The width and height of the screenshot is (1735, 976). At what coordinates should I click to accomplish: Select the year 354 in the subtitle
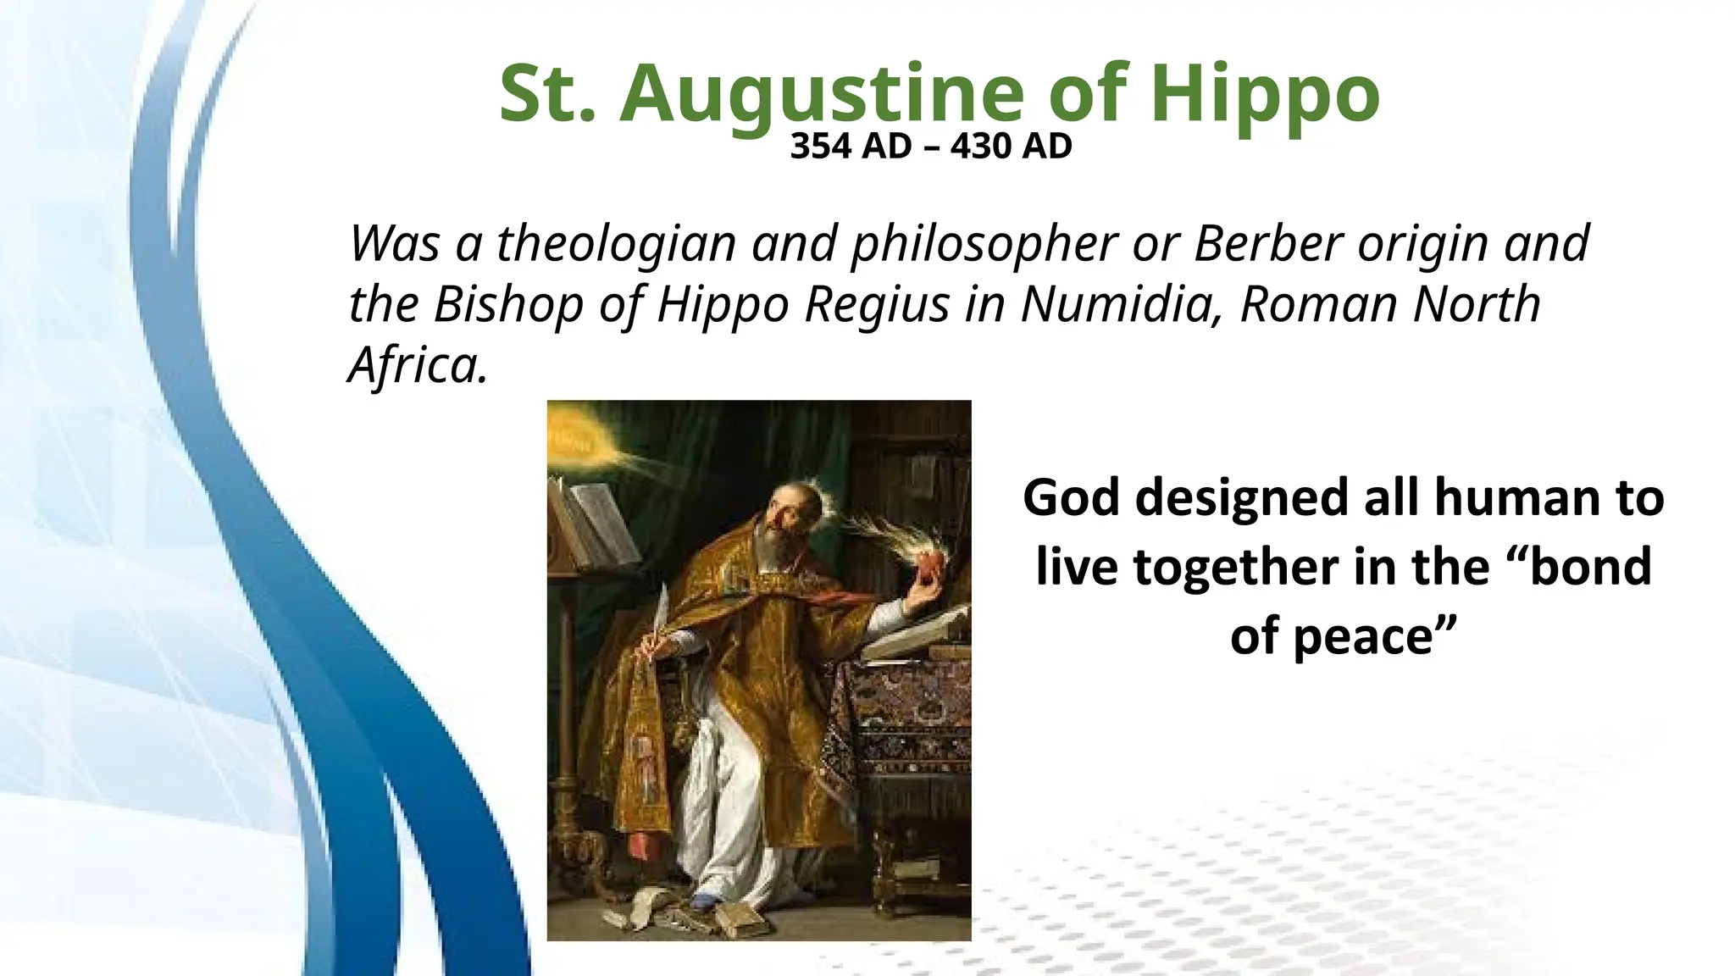coord(820,147)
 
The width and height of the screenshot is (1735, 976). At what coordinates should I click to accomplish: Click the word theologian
coord(616,244)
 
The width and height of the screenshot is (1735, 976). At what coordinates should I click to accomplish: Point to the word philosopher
coord(984,244)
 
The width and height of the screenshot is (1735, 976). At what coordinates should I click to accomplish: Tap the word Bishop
coord(508,304)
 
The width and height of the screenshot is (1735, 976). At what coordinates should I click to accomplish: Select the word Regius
coord(877,304)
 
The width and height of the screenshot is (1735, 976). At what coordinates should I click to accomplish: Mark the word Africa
coord(418,365)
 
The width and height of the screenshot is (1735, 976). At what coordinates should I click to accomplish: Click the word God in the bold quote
coord(1072,497)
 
